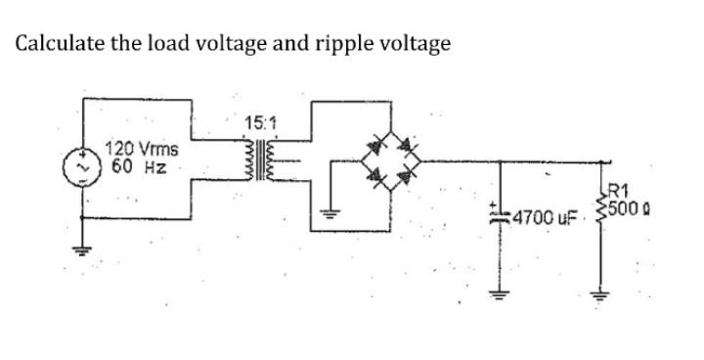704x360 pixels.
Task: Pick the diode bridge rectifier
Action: (x=390, y=162)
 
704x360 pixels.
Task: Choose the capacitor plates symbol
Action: (x=500, y=212)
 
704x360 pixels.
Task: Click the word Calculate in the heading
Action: (x=62, y=44)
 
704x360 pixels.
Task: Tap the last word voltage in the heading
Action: (x=415, y=44)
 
